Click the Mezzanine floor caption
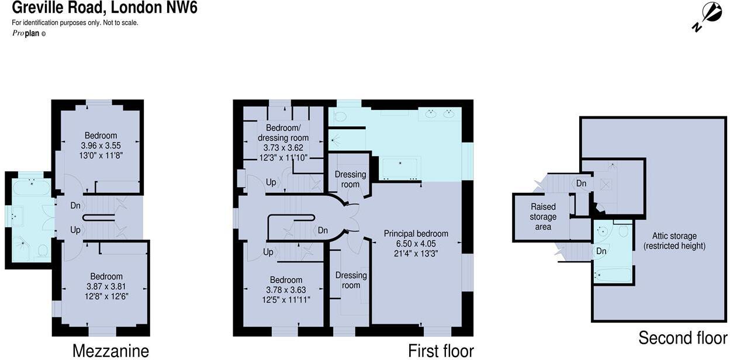(x=110, y=350)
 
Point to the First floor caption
(x=441, y=350)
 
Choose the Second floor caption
(x=683, y=338)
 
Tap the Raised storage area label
(x=543, y=217)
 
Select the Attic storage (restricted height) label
(x=674, y=241)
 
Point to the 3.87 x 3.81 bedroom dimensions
(x=106, y=286)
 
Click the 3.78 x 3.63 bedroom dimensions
(x=284, y=290)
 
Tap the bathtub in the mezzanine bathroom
(x=32, y=187)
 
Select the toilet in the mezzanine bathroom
(x=43, y=251)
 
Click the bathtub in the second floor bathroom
(x=612, y=275)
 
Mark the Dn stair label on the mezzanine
(x=75, y=206)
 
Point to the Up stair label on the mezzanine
(x=75, y=230)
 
